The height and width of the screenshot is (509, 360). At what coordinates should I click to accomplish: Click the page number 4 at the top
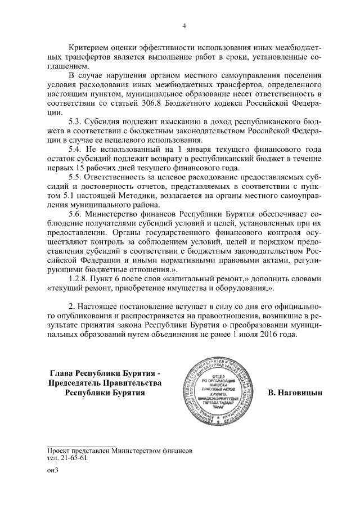point(184,25)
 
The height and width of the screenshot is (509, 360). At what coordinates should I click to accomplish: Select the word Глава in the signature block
point(62,373)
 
